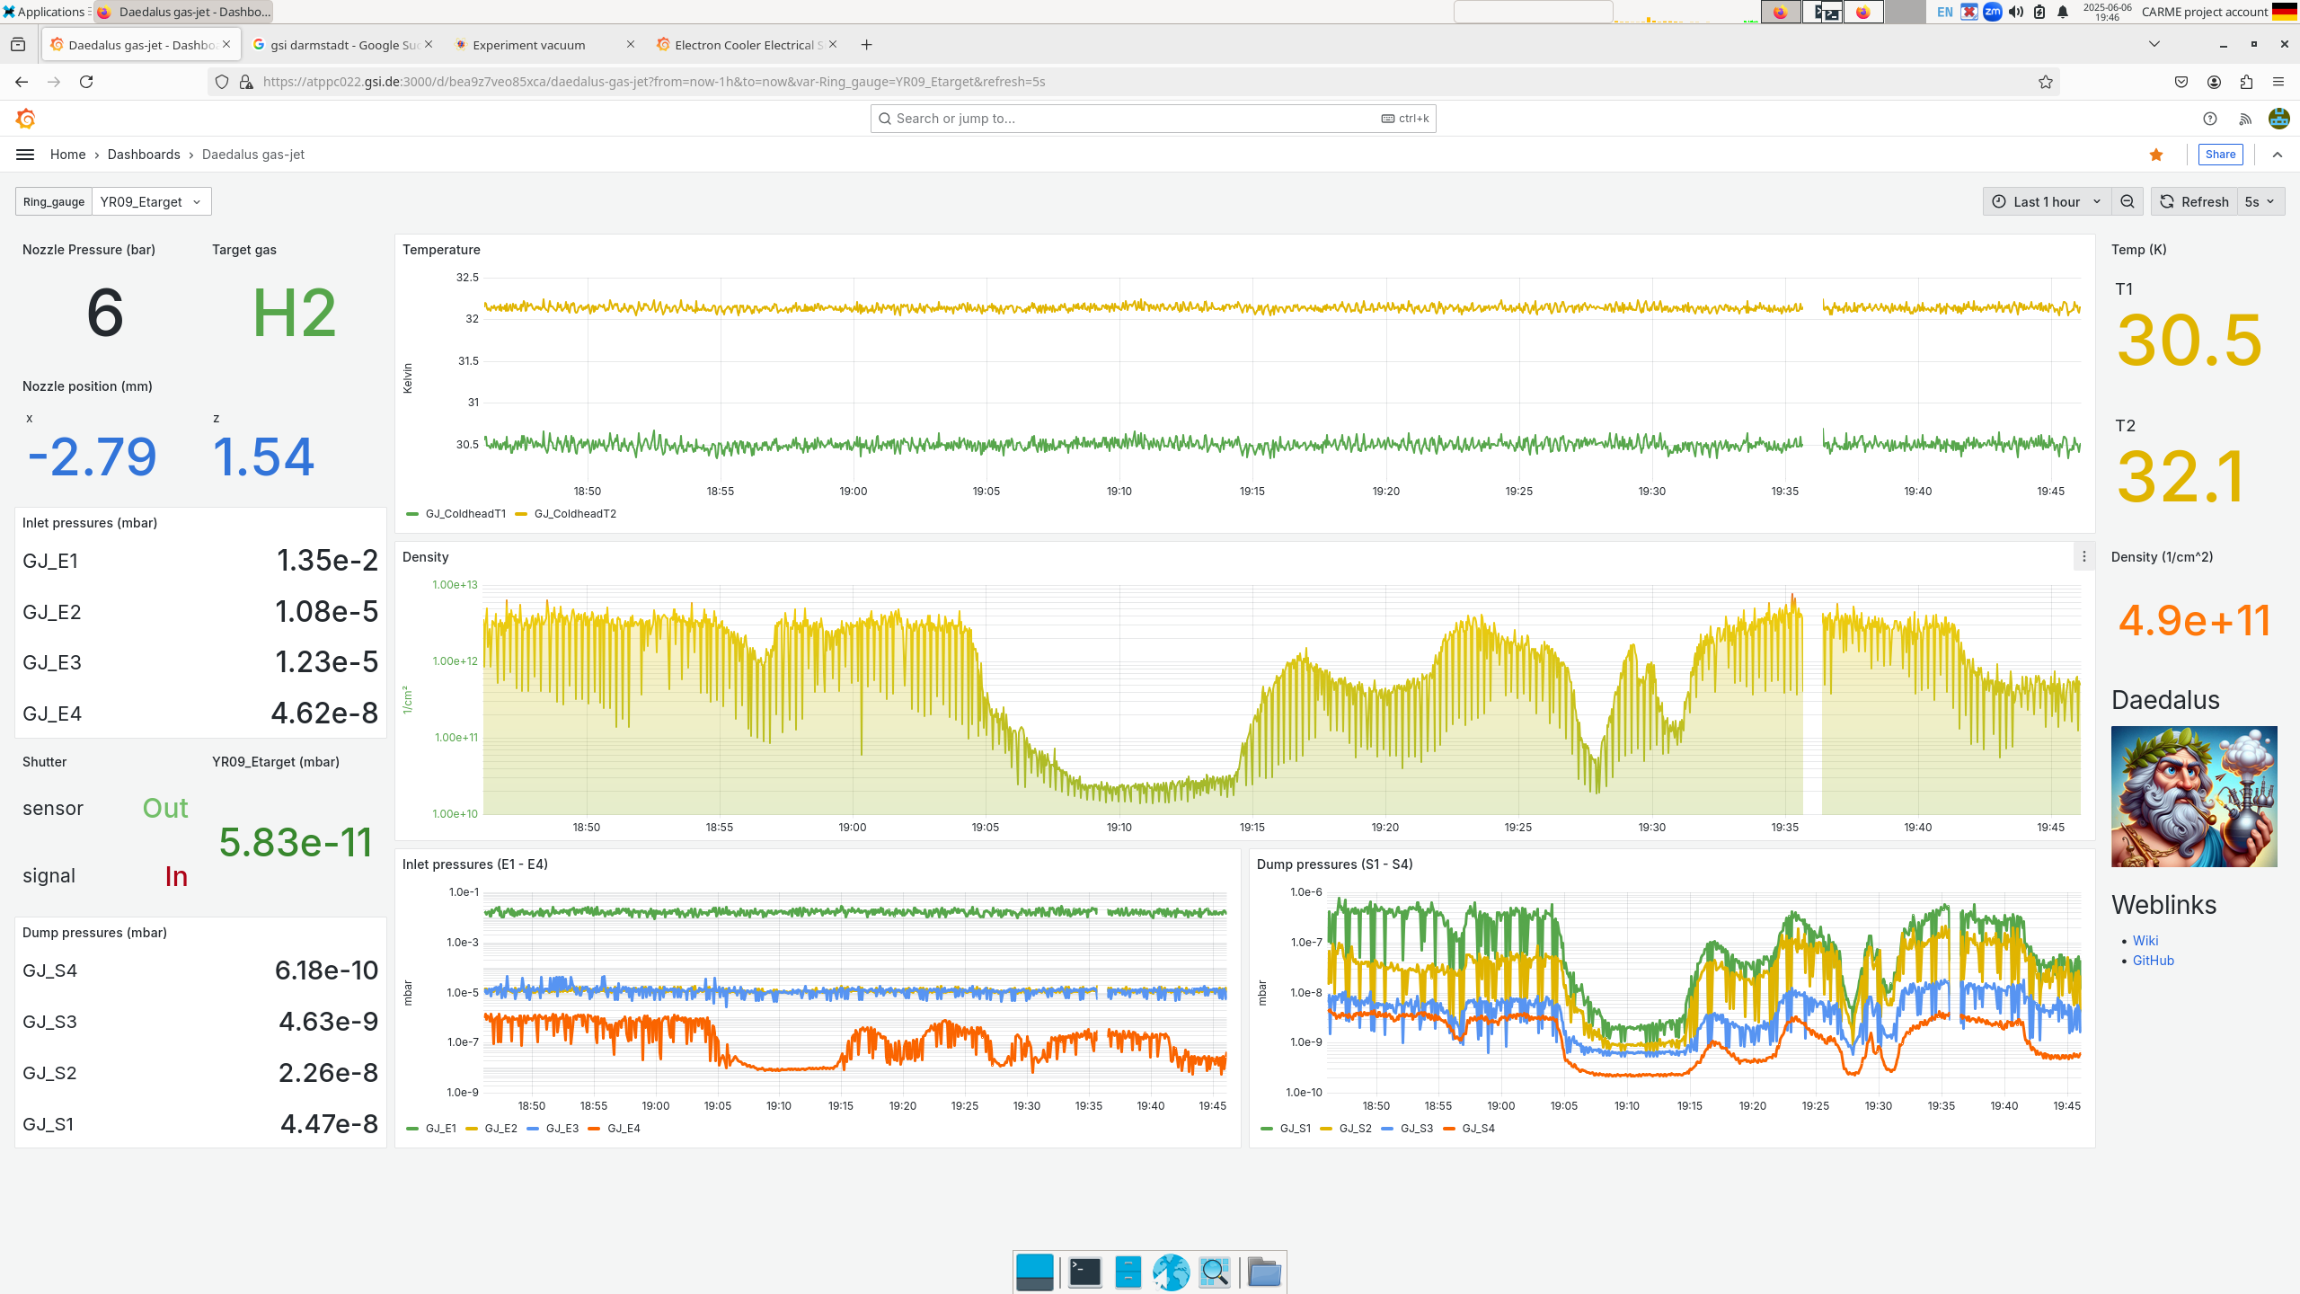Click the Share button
[x=2219, y=155]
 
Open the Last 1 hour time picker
[x=2046, y=202]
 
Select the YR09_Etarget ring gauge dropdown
[x=151, y=202]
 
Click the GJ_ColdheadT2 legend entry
[x=574, y=514]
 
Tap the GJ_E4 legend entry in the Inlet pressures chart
[x=623, y=1129]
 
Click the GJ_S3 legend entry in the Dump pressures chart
[x=1416, y=1129]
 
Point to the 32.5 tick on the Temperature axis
[x=467, y=278]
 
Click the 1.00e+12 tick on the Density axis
[x=455, y=661]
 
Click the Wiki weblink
[x=2145, y=941]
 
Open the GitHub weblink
[x=2153, y=961]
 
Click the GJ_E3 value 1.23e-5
[x=326, y=662]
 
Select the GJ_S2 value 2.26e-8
[x=328, y=1073]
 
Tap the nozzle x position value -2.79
[x=93, y=456]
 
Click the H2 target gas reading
[x=294, y=314]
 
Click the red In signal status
[x=176, y=876]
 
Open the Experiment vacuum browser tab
[x=528, y=45]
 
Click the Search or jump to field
[x=1132, y=119]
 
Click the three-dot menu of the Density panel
[x=2083, y=557]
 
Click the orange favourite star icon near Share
[x=2156, y=155]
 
